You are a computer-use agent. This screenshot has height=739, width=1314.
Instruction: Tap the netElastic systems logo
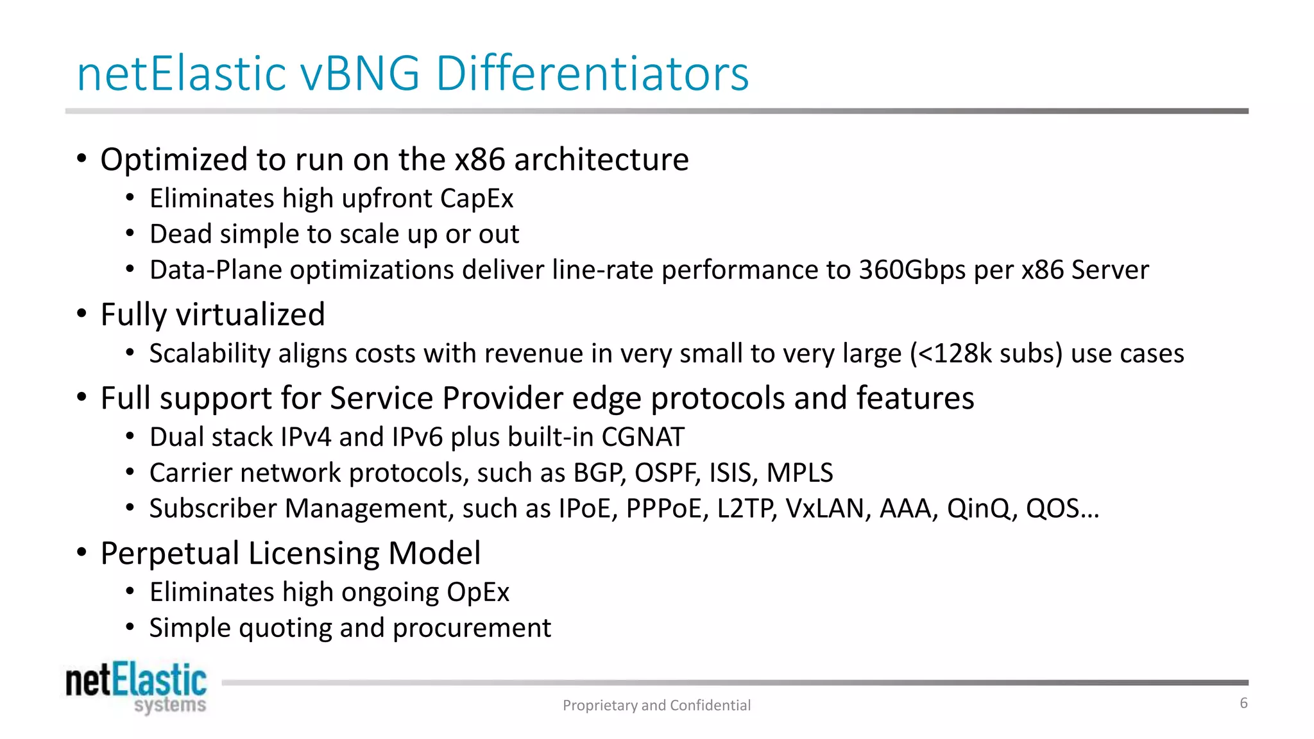pyautogui.click(x=136, y=688)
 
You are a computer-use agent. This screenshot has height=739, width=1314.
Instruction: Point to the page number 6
pyautogui.click(x=1243, y=703)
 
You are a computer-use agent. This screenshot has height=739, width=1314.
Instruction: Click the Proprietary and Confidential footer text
pyautogui.click(x=656, y=705)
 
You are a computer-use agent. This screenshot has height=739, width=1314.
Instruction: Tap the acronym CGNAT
pyautogui.click(x=642, y=437)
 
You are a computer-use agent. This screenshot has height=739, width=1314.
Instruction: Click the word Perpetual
pyautogui.click(x=169, y=553)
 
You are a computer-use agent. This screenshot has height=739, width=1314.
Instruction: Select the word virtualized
pyautogui.click(x=250, y=315)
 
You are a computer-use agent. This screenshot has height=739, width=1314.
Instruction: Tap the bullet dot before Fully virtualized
pyautogui.click(x=81, y=314)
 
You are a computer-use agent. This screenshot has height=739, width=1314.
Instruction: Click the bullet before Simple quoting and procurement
pyautogui.click(x=130, y=627)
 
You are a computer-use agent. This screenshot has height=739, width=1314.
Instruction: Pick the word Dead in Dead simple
pyautogui.click(x=180, y=234)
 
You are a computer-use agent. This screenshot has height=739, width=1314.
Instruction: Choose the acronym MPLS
pyautogui.click(x=799, y=473)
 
